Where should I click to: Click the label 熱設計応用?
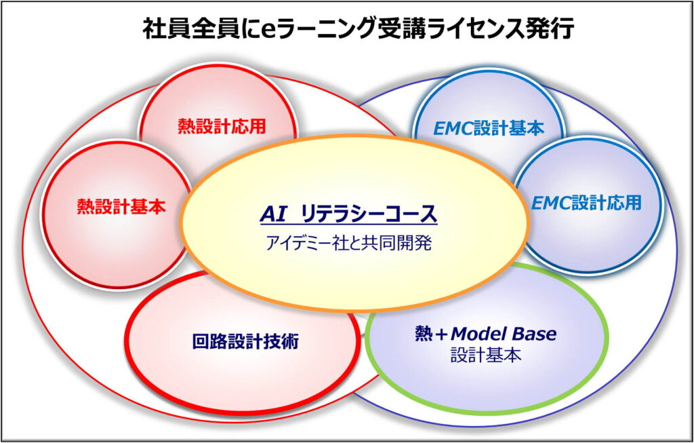222,127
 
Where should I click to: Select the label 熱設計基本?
121,206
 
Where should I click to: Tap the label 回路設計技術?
245,342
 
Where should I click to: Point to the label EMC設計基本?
488,128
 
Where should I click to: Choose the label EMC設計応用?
586,204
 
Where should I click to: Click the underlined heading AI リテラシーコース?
348,215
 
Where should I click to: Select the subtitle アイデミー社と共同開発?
348,244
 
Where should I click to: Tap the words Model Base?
504,334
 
